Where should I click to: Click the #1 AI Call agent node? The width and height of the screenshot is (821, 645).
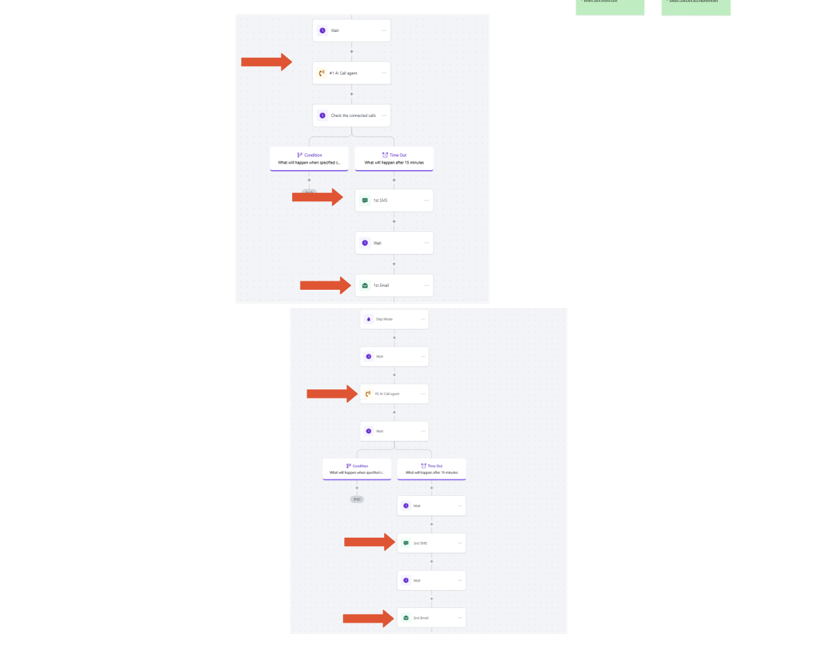click(351, 73)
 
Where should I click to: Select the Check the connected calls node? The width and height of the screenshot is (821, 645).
click(351, 116)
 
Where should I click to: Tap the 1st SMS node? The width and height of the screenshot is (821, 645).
click(394, 201)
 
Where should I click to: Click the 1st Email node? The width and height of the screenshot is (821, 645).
click(394, 286)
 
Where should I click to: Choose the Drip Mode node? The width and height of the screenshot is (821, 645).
click(394, 319)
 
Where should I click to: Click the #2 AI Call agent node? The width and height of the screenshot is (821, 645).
click(394, 394)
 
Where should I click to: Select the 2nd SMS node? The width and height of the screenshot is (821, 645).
click(431, 543)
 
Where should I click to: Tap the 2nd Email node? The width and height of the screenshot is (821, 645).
click(431, 618)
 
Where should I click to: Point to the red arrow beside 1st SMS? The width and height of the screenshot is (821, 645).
click(317, 197)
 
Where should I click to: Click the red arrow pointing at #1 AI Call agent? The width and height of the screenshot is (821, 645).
click(266, 62)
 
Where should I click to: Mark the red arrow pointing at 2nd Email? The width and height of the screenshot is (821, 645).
click(368, 618)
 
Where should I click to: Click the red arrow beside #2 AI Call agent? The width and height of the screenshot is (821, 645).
click(332, 394)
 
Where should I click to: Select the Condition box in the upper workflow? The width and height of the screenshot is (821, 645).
click(309, 159)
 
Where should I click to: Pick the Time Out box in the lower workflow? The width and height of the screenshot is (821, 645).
click(431, 469)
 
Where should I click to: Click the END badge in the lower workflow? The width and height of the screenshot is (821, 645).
click(357, 499)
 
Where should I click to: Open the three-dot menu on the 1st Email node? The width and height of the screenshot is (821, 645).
click(427, 286)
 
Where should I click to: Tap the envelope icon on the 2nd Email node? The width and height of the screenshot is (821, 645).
click(406, 618)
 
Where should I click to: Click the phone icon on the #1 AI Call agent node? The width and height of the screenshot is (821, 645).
click(322, 73)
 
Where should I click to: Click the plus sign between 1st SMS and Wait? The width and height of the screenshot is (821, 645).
click(394, 222)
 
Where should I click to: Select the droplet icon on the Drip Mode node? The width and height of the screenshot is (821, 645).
click(369, 319)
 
